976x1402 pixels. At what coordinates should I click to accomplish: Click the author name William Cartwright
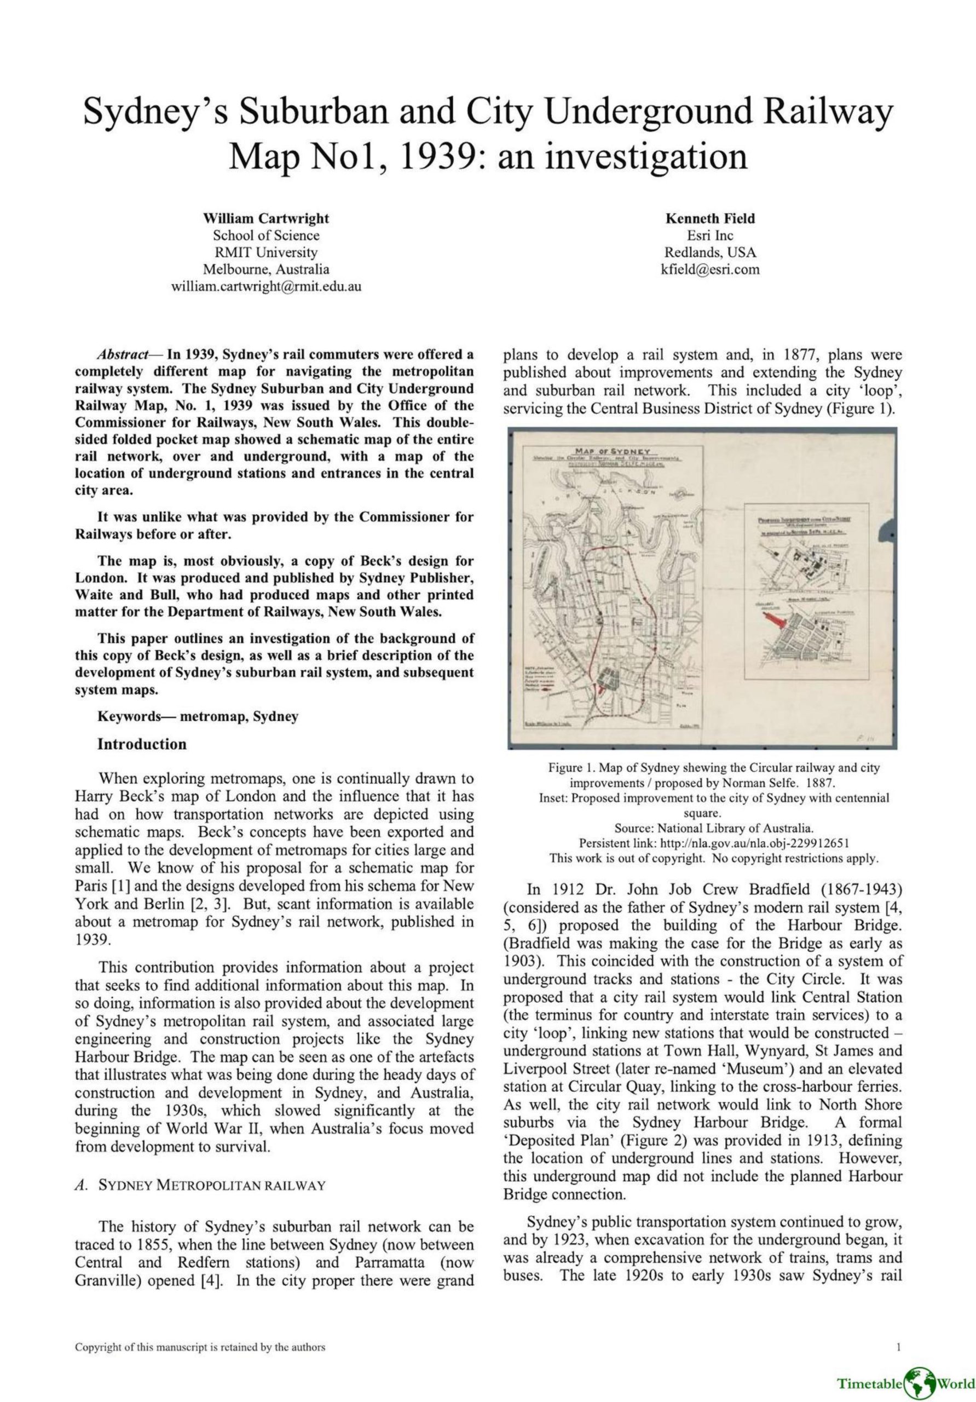[265, 218]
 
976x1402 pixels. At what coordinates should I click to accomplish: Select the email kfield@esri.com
[710, 269]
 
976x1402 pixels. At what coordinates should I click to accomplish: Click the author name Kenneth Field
[710, 218]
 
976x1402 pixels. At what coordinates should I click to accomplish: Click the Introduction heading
[142, 744]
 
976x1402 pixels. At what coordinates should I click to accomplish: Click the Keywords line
[198, 716]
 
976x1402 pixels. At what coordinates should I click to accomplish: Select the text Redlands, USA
[710, 252]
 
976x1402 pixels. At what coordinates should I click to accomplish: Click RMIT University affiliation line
[265, 252]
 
